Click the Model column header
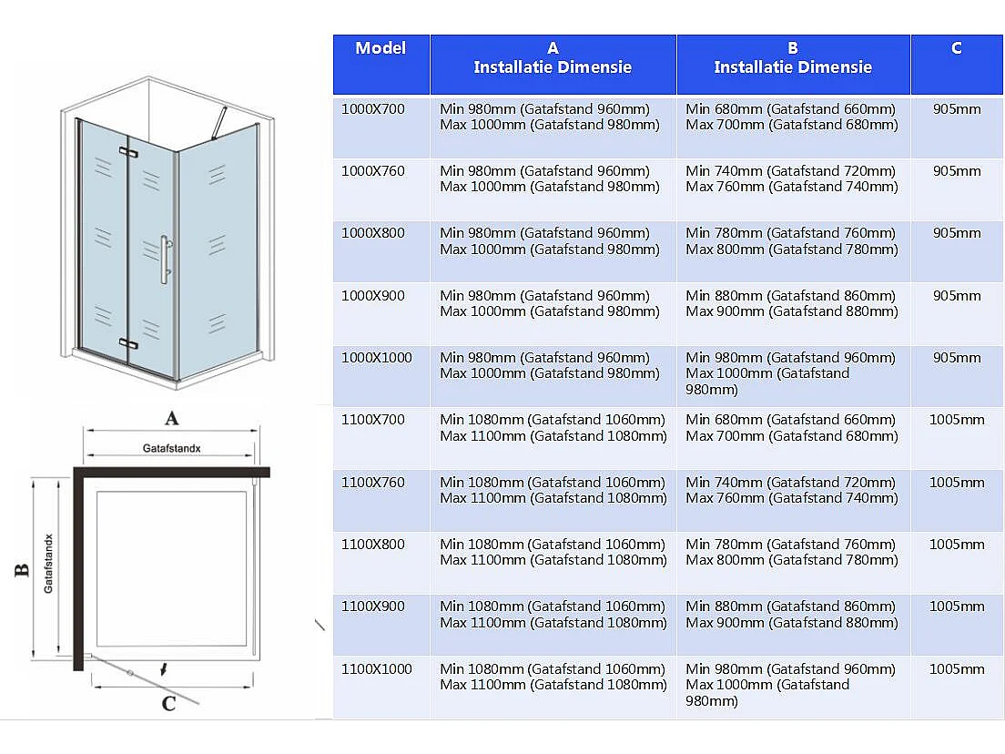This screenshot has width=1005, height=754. pyautogui.click(x=381, y=48)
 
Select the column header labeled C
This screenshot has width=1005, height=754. pyautogui.click(x=956, y=48)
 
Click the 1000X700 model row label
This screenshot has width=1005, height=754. pyautogui.click(x=372, y=109)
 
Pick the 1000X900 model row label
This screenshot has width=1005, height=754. pyautogui.click(x=372, y=296)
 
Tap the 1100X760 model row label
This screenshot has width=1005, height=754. pyautogui.click(x=372, y=483)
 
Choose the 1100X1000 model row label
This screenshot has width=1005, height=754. pyautogui.click(x=376, y=669)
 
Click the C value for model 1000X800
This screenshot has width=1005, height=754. pyautogui.click(x=957, y=233)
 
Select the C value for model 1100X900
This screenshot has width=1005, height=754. pyautogui.click(x=957, y=606)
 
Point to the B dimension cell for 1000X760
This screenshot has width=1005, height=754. pyautogui.click(x=792, y=179)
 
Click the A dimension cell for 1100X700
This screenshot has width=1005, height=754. pyautogui.click(x=553, y=428)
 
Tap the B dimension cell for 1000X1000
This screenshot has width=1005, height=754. pyautogui.click(x=792, y=373)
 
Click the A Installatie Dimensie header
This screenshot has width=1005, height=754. pyautogui.click(x=553, y=58)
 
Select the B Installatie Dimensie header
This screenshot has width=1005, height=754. pyautogui.click(x=793, y=58)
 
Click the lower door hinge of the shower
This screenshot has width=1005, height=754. pyautogui.click(x=127, y=343)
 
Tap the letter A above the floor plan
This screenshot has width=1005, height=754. pyautogui.click(x=169, y=419)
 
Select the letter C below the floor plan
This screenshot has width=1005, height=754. pyautogui.click(x=168, y=703)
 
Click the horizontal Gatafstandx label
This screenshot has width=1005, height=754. pyautogui.click(x=171, y=449)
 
